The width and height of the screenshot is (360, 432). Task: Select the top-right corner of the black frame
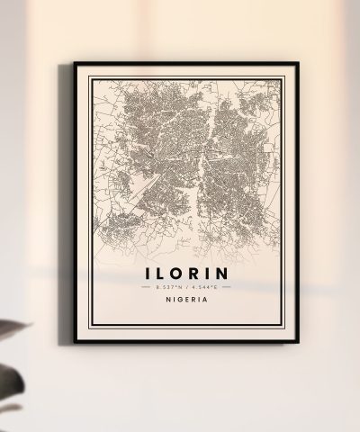coord(293,63)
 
